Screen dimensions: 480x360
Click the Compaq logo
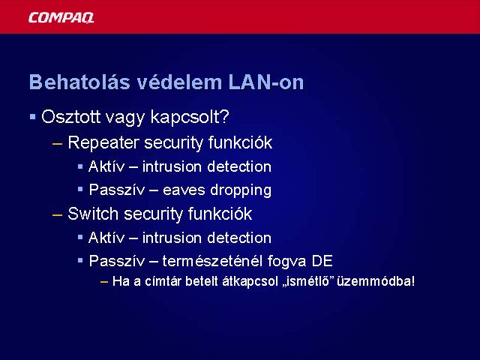61,18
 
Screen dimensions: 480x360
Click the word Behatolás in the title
80,82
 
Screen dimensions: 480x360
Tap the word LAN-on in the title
266,82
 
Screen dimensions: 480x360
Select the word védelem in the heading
179,82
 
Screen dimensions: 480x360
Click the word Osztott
71,117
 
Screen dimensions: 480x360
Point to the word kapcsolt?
190,118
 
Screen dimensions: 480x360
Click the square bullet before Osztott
33,117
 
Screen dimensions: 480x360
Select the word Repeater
103,143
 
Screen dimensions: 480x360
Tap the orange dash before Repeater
57,143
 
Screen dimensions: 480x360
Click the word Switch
93,213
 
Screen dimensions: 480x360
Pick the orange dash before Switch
57,215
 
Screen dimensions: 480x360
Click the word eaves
184,190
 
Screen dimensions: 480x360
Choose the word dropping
241,190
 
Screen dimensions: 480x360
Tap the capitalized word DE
322,261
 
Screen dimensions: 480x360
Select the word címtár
163,281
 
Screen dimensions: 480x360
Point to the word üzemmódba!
376,281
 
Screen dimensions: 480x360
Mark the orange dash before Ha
104,282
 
